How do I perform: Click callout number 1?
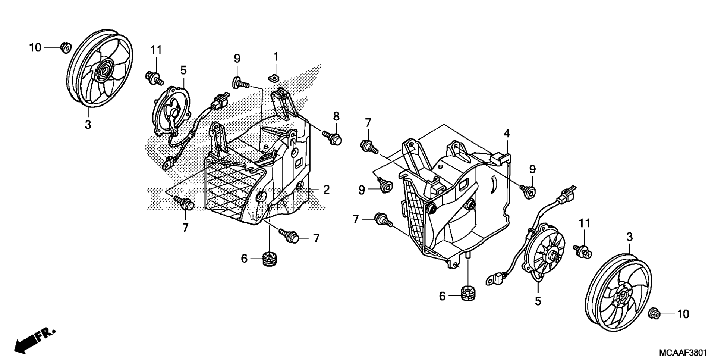pyautogui.click(x=276, y=57)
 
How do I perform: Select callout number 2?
pyautogui.click(x=326, y=190)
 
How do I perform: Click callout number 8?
pyautogui.click(x=336, y=116)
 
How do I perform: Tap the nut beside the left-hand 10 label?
pyautogui.click(x=66, y=48)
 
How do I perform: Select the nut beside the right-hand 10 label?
pyautogui.click(x=656, y=313)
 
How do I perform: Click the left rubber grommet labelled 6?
pyautogui.click(x=271, y=259)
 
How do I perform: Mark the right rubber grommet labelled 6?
pyautogui.click(x=469, y=292)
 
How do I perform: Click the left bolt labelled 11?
pyautogui.click(x=153, y=77)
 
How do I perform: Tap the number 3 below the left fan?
pyautogui.click(x=88, y=125)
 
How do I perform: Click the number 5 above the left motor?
pyautogui.click(x=183, y=70)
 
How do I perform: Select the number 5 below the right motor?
pyautogui.click(x=538, y=301)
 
